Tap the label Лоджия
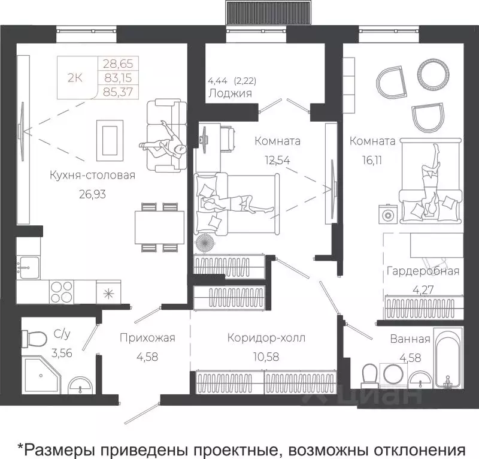click(229, 93)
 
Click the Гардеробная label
click(423, 271)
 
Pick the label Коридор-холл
click(266, 338)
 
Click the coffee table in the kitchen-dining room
click(111, 139)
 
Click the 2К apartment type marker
click(76, 77)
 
